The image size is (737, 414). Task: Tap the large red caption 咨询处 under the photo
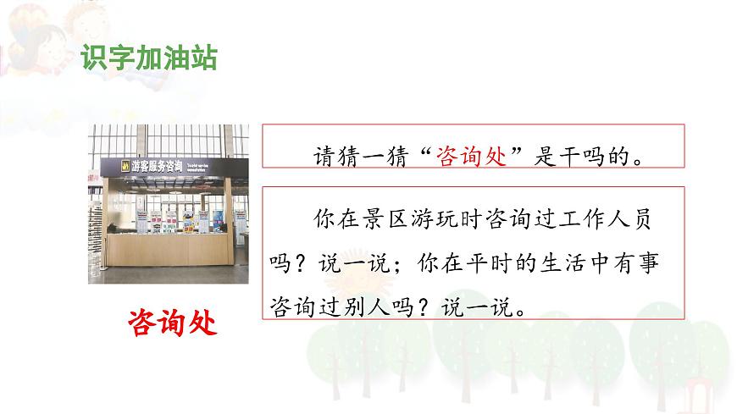tap(172, 323)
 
